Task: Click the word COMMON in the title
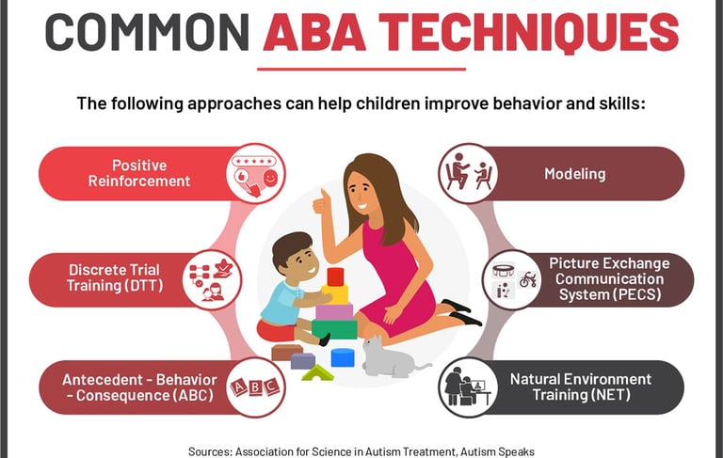point(147,32)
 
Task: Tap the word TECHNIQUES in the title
point(529,32)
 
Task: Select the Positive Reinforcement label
point(138,173)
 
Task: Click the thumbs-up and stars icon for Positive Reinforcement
point(256,174)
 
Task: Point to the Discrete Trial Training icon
point(212,279)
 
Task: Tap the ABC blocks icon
point(256,387)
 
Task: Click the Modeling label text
point(574,174)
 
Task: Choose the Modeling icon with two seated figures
point(468,174)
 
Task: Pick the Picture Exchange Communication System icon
point(512,279)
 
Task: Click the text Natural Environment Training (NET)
point(581,387)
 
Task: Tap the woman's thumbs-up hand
point(322,202)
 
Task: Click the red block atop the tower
point(335,276)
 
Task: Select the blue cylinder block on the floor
point(343,357)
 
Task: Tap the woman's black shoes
point(461,312)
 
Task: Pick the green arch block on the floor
point(317,373)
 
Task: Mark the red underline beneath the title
point(361,70)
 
